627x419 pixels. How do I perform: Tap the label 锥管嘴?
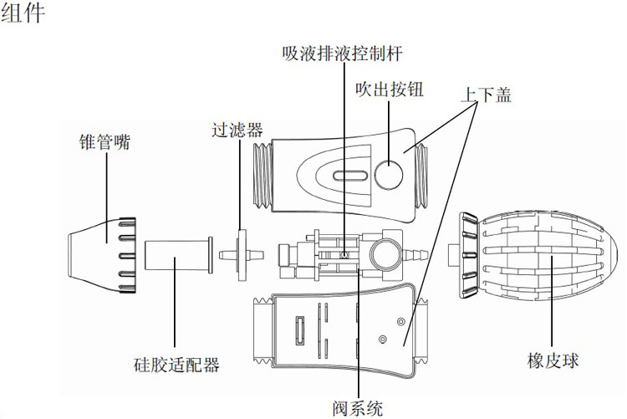104,142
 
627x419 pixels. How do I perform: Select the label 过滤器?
237,130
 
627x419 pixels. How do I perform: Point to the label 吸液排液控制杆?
342,54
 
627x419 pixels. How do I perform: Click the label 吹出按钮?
390,89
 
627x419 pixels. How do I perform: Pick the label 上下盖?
487,95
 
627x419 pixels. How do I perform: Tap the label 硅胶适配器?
176,365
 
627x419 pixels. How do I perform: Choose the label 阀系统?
358,408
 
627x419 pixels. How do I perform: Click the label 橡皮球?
553,360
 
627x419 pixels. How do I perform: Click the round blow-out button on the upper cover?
389,175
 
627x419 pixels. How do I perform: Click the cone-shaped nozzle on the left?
103,255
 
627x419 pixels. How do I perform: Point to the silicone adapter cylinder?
179,255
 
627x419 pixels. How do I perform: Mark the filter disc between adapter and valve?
242,255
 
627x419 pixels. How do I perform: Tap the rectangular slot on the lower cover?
299,330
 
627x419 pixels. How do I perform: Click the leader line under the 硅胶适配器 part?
175,302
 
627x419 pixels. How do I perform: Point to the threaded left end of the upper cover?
263,176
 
